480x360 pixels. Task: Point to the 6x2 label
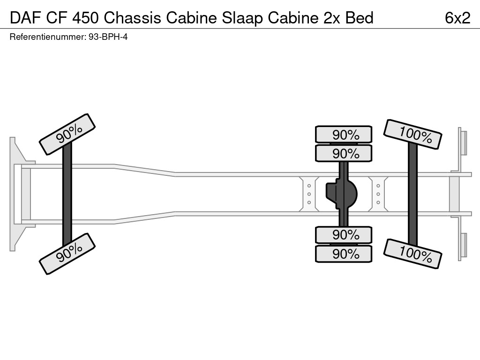[x=457, y=18]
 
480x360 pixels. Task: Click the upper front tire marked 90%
[x=67, y=134]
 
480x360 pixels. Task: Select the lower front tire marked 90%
[x=67, y=254]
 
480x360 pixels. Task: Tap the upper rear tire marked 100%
[x=412, y=134]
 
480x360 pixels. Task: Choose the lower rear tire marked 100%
[x=412, y=254]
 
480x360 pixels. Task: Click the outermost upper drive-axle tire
[x=344, y=135]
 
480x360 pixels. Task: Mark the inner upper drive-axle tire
[x=344, y=153]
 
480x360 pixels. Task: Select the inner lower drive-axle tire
[x=344, y=234]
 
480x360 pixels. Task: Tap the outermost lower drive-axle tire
[x=344, y=254]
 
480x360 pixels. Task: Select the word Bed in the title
[x=360, y=18]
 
